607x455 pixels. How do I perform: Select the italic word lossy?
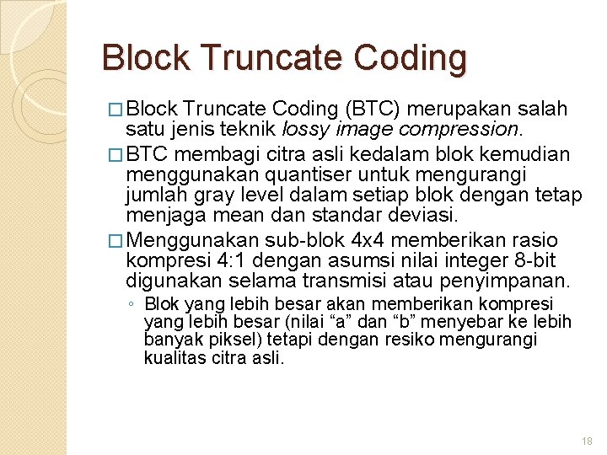pyautogui.click(x=306, y=130)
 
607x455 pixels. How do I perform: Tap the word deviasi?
pyautogui.click(x=425, y=217)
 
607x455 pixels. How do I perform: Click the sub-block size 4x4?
pyautogui.click(x=368, y=239)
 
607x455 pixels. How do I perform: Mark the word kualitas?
pyautogui.click(x=171, y=357)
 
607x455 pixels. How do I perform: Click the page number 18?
pyautogui.click(x=588, y=442)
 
